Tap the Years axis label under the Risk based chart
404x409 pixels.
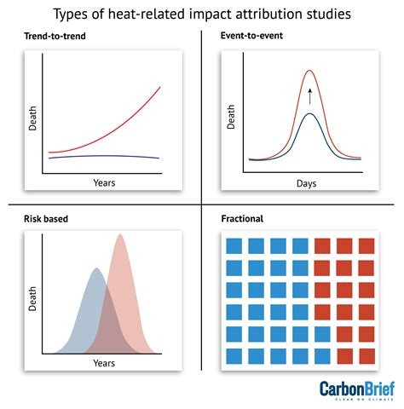click(104, 362)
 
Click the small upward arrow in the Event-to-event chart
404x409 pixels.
click(309, 95)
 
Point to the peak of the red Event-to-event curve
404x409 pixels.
click(309, 71)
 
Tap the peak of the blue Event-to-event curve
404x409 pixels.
click(309, 113)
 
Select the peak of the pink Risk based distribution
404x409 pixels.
click(120, 235)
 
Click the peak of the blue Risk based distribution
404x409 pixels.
click(96, 269)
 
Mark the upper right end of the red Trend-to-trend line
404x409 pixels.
click(159, 87)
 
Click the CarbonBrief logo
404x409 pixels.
click(357, 390)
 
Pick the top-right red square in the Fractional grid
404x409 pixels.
click(366, 246)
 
